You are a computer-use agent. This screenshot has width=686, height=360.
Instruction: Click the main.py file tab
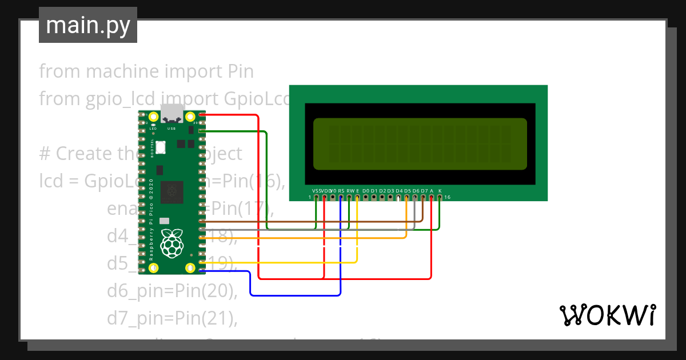87,25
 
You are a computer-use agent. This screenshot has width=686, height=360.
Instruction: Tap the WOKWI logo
607,315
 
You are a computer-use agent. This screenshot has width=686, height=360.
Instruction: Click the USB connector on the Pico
172,114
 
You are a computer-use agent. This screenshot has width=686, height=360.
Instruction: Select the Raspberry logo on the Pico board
172,242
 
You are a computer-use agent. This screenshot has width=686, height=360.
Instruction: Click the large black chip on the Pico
172,192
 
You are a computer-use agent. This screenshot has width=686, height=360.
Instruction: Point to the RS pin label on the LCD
341,190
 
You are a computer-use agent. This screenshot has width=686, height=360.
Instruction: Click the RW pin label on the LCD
350,190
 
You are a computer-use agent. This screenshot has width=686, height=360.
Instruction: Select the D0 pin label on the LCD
366,190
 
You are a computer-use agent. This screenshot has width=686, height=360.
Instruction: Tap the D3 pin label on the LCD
390,190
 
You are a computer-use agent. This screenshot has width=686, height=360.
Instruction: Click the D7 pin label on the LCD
424,190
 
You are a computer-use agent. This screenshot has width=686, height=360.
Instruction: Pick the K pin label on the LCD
440,190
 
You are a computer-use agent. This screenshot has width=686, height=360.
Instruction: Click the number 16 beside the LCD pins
447,197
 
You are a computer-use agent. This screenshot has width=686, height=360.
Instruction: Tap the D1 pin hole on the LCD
374,198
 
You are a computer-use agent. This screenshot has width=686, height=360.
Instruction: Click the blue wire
297,295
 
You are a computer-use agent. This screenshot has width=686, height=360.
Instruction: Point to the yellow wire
286,262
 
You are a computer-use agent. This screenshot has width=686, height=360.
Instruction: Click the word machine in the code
122,71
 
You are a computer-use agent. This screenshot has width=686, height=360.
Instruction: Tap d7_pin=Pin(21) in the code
171,317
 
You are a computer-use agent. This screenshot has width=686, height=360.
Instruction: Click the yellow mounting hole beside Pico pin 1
153,117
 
